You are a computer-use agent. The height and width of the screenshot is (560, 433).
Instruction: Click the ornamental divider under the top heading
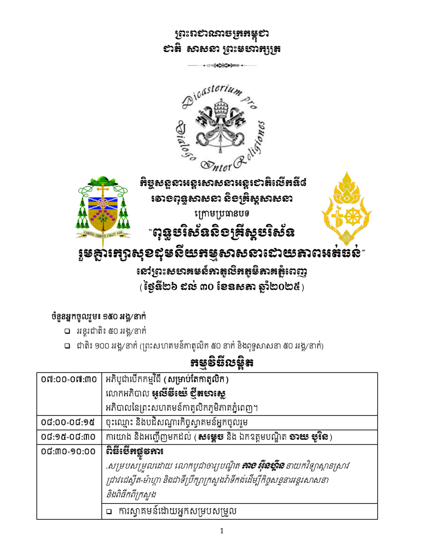(222, 66)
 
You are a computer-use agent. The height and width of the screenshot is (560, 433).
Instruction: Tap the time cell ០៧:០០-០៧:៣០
(69, 379)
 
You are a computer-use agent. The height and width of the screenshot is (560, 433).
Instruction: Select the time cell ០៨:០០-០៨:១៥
(69, 422)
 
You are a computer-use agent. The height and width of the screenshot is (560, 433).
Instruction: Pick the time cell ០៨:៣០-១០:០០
(69, 451)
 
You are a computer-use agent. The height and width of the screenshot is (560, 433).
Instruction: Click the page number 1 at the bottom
(222, 531)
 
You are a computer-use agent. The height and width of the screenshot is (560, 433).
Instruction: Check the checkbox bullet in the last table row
(109, 511)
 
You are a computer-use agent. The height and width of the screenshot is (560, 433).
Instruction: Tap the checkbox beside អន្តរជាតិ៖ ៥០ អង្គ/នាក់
(66, 331)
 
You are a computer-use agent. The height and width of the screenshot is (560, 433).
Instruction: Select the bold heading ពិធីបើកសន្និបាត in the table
(135, 451)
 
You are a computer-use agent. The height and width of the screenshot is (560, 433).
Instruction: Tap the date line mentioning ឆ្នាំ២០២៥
(222, 286)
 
